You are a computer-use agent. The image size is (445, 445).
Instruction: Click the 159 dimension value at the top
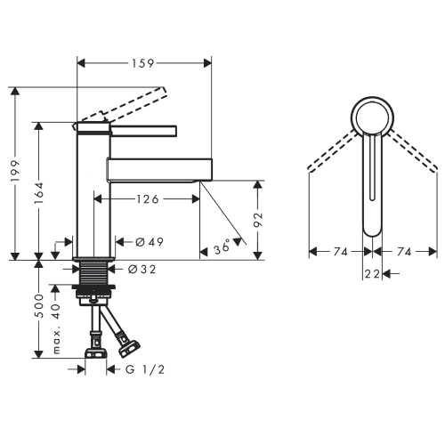click(143, 63)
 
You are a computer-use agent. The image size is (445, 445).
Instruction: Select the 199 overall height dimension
click(15, 172)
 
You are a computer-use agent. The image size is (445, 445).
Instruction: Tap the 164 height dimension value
click(38, 193)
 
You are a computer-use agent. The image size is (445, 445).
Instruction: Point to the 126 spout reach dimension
click(148, 199)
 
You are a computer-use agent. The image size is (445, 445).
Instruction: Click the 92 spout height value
click(258, 220)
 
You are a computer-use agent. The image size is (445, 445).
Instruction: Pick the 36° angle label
click(222, 247)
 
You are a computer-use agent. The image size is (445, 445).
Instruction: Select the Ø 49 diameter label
click(150, 242)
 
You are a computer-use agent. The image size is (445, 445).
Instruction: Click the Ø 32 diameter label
click(142, 270)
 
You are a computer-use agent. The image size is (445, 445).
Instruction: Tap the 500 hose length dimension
click(39, 306)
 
